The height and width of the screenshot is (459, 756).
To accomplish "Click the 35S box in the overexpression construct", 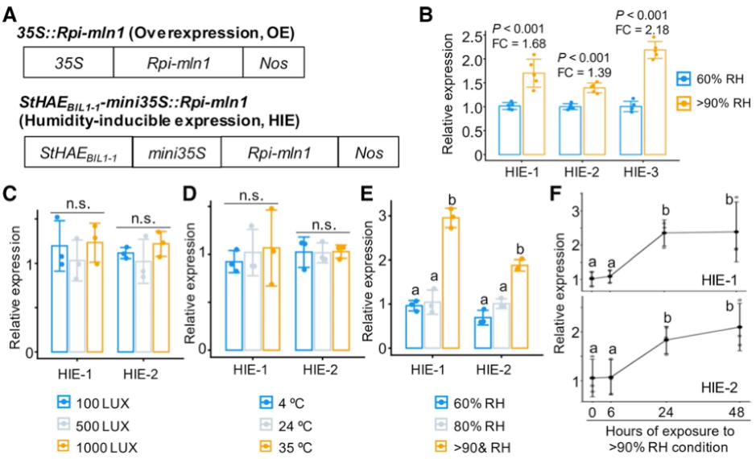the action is pyautogui.click(x=68, y=62).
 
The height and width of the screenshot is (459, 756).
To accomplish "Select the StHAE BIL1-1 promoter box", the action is pyautogui.click(x=78, y=152).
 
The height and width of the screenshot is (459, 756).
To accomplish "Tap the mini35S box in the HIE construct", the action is pyautogui.click(x=177, y=152).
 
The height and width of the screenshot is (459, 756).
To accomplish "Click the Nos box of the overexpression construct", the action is pyautogui.click(x=274, y=62).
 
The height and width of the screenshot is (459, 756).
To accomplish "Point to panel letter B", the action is pyautogui.click(x=426, y=14).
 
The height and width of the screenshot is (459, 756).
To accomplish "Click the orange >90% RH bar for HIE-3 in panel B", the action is pyautogui.click(x=655, y=102).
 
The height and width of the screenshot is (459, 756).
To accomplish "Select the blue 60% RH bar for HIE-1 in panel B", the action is pyautogui.click(x=510, y=130).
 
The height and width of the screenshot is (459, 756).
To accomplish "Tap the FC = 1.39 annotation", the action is pyautogui.click(x=585, y=72).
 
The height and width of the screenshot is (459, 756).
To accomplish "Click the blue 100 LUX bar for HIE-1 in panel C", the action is pyautogui.click(x=60, y=299).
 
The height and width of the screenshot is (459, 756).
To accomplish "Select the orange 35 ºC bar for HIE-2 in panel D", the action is pyautogui.click(x=341, y=301).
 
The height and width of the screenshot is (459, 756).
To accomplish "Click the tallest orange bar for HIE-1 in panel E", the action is pyautogui.click(x=451, y=283).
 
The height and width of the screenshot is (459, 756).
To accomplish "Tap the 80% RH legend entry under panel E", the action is pyautogui.click(x=469, y=426).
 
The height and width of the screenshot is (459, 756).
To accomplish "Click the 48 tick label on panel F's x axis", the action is pyautogui.click(x=737, y=412).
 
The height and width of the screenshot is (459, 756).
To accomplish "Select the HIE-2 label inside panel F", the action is pyautogui.click(x=719, y=387).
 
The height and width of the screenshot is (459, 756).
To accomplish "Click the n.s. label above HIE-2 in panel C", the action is pyautogui.click(x=143, y=219).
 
